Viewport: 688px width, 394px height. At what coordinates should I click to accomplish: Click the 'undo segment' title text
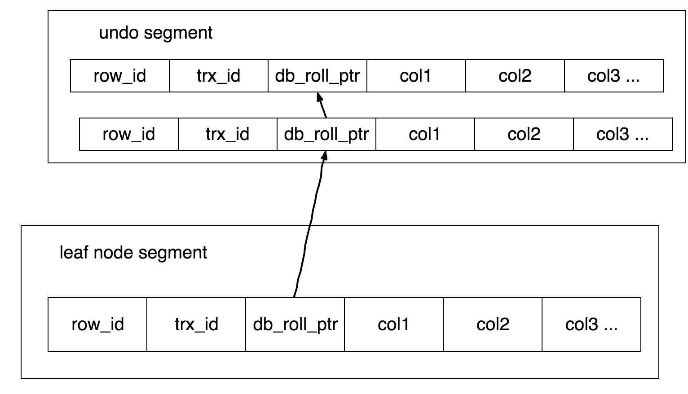[x=156, y=33]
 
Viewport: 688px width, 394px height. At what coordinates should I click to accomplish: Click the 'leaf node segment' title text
[x=133, y=253]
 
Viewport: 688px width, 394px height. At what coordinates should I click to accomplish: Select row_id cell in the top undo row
[x=120, y=76]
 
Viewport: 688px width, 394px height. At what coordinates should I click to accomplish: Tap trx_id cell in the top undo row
[x=219, y=76]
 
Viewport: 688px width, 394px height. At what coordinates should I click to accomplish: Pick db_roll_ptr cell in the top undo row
[x=318, y=76]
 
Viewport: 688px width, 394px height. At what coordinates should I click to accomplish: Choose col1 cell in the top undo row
[x=416, y=76]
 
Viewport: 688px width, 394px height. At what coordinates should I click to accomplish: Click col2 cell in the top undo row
[x=515, y=76]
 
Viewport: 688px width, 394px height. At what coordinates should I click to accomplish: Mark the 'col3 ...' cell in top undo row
[x=614, y=76]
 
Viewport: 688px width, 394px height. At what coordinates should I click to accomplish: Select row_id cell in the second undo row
[x=129, y=134]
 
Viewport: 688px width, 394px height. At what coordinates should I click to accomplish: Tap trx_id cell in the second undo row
[x=228, y=134]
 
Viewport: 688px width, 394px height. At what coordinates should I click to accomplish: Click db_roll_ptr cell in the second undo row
[x=326, y=134]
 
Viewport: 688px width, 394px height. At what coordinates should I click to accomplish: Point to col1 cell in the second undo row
[x=425, y=134]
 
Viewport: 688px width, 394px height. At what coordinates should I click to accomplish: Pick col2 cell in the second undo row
[x=524, y=134]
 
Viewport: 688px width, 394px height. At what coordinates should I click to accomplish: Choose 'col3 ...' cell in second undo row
[x=623, y=134]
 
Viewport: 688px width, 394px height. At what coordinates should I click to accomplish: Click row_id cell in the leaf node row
[x=97, y=324]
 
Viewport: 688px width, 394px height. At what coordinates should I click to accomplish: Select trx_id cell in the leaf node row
[x=196, y=324]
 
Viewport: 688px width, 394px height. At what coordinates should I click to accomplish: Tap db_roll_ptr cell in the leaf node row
[x=295, y=324]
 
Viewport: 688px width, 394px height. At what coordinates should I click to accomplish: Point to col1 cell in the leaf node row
[x=394, y=324]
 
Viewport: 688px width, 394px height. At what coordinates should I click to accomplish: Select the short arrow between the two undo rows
[x=322, y=105]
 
